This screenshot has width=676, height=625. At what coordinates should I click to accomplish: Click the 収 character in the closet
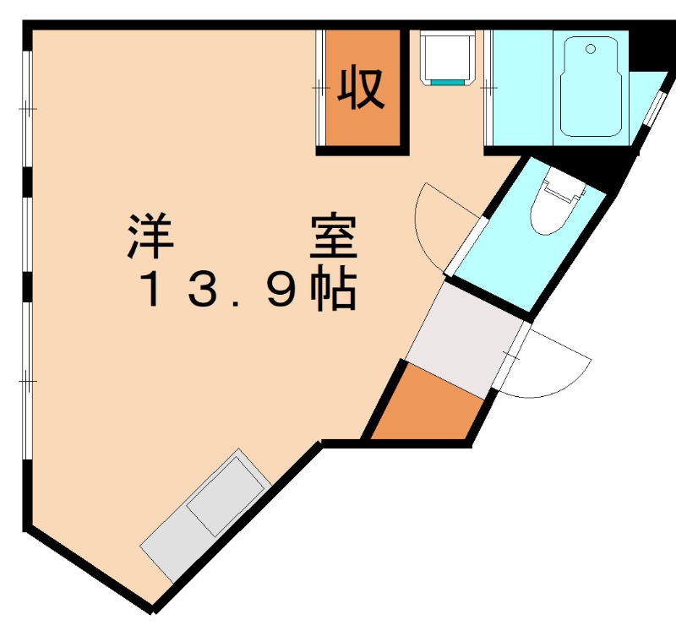363,87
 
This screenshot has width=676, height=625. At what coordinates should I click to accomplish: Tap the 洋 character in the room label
151,237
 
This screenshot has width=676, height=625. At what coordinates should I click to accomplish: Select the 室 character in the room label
334,237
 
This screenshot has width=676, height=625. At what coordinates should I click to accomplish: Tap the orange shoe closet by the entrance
427,405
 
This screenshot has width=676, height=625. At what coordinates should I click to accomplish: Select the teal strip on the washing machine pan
448,83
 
